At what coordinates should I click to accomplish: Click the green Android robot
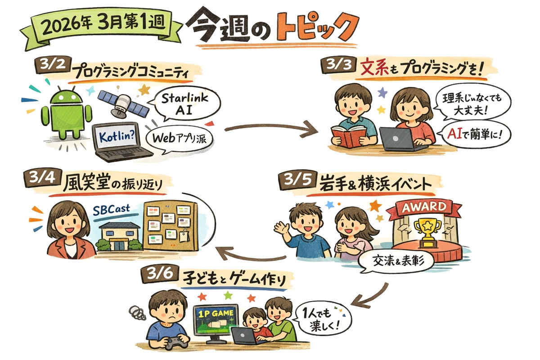click(66, 112)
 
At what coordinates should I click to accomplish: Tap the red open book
click(349, 137)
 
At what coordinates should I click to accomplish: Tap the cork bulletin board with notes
click(171, 225)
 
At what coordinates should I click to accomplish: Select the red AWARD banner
click(424, 208)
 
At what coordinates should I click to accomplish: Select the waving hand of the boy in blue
click(282, 228)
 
